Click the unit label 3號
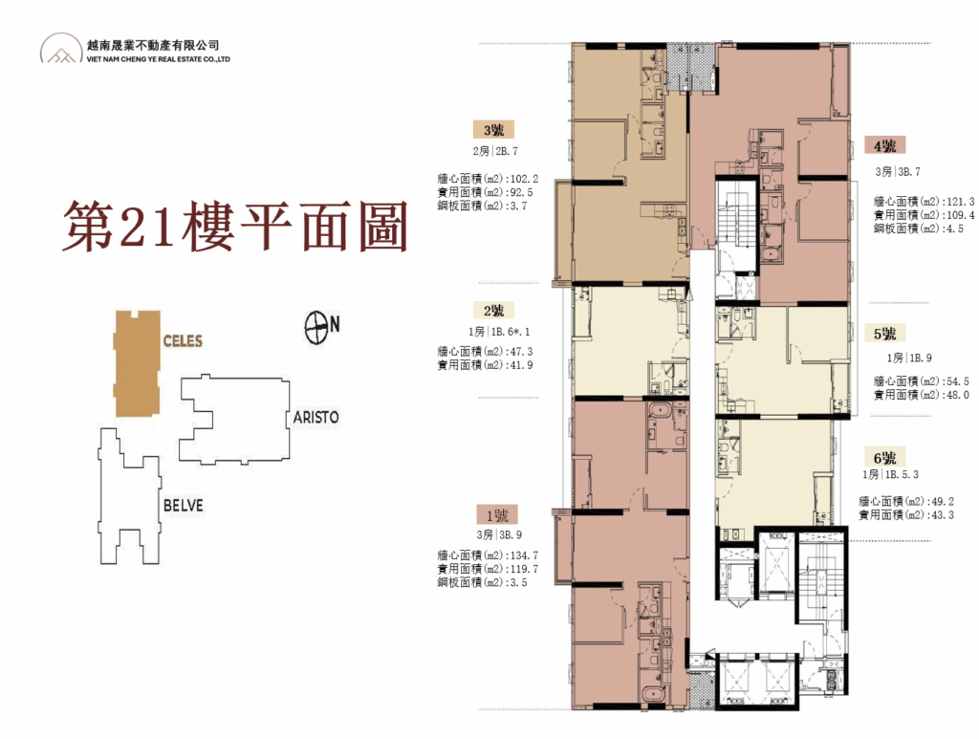click(x=493, y=130)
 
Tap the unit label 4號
click(x=884, y=146)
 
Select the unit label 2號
click(x=493, y=310)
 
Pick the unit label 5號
click(x=884, y=334)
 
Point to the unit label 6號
click(x=884, y=458)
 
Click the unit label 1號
click(x=497, y=515)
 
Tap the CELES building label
click(x=183, y=340)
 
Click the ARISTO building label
click(x=315, y=417)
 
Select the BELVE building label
click(x=183, y=505)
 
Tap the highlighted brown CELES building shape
click(x=137, y=362)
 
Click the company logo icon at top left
click(x=61, y=48)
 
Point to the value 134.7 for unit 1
click(x=524, y=555)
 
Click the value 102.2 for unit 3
click(x=524, y=179)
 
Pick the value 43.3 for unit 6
click(x=942, y=515)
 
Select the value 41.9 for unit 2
click(x=521, y=366)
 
